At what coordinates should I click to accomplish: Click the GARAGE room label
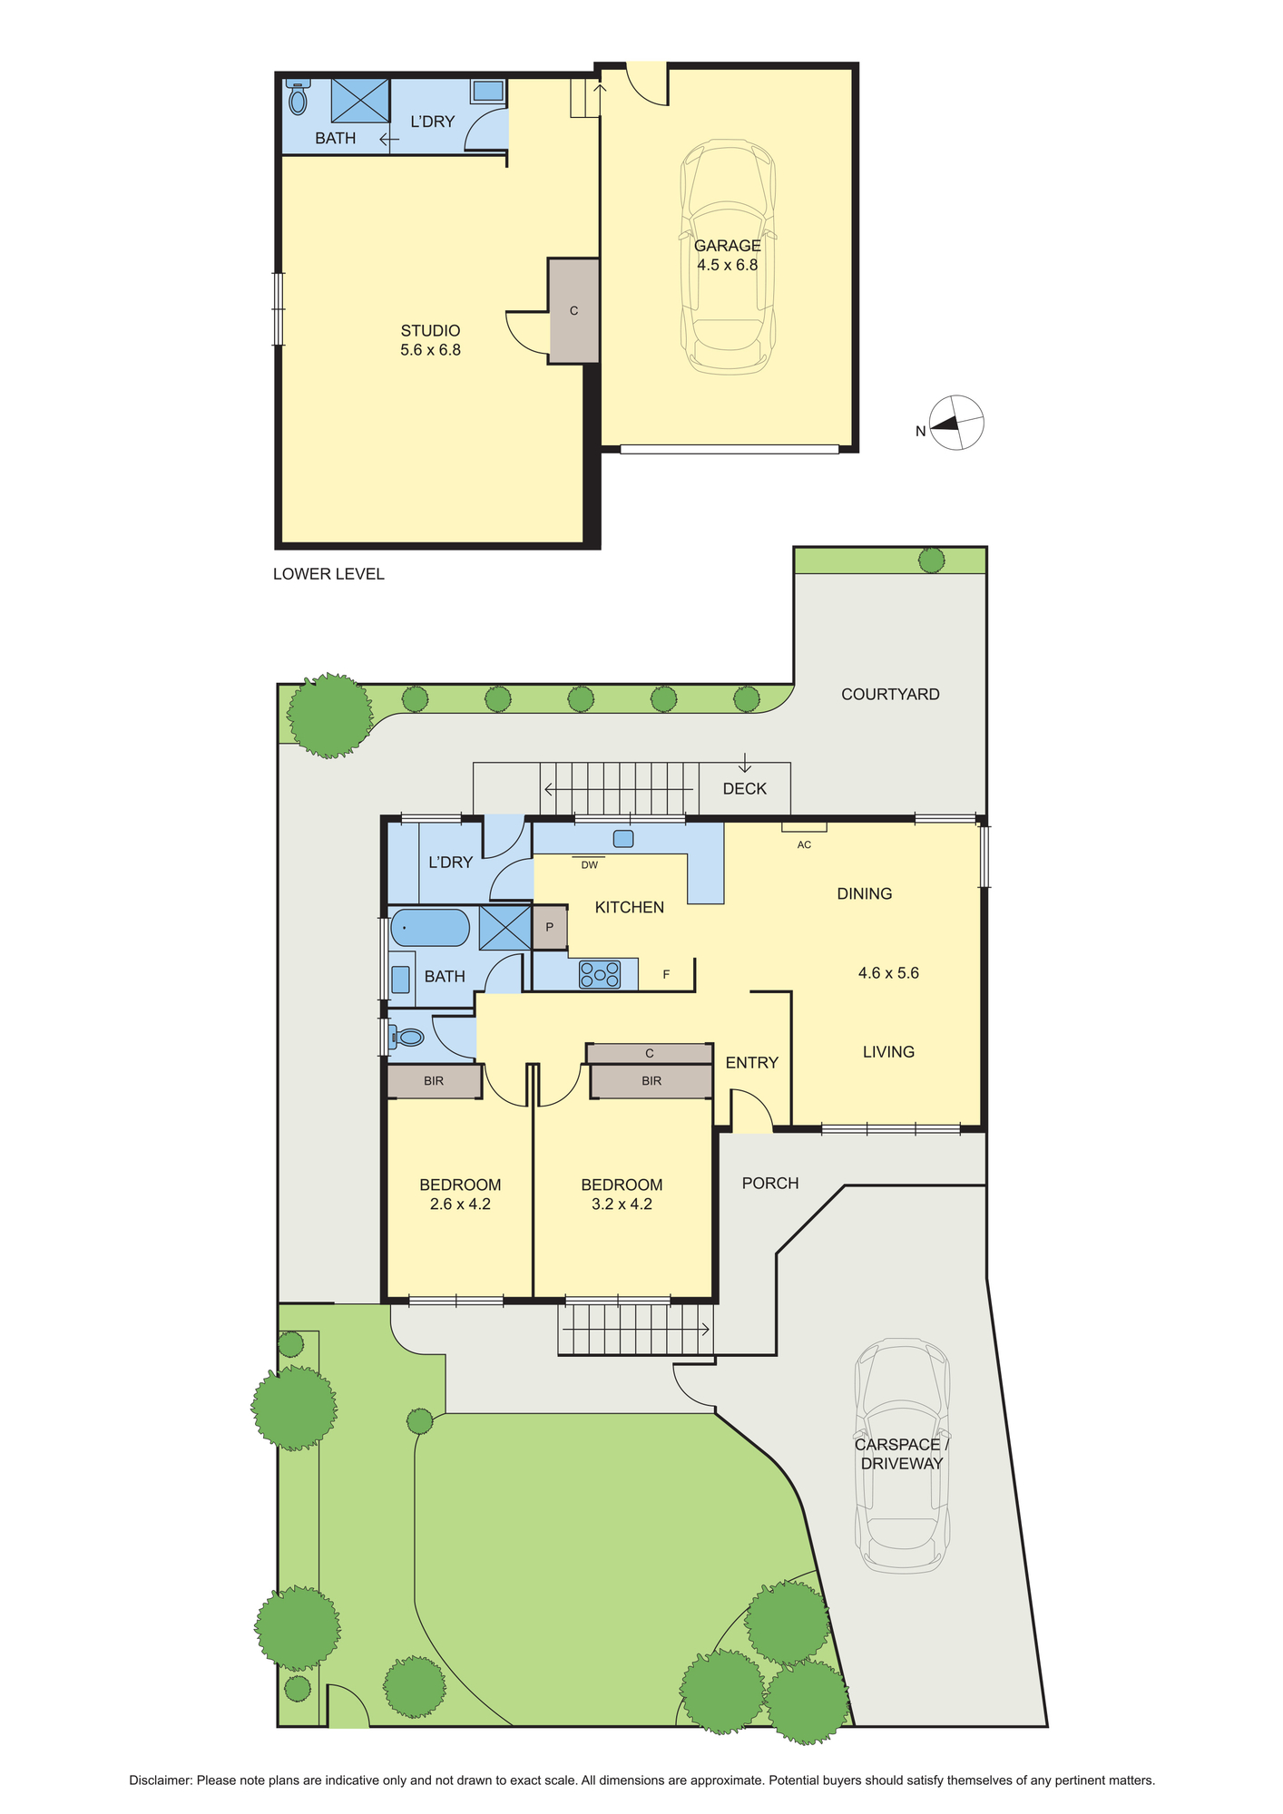click(727, 245)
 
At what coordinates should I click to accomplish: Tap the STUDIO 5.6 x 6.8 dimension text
click(430, 350)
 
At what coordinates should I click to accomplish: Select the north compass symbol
click(956, 423)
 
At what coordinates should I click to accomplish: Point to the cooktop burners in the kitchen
click(600, 974)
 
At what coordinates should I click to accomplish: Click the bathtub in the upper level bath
click(429, 929)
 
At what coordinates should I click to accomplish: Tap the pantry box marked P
click(549, 928)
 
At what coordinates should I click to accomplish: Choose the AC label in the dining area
click(804, 844)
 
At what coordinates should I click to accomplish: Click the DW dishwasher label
click(590, 865)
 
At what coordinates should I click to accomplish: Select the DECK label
click(745, 789)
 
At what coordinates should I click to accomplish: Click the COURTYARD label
click(890, 695)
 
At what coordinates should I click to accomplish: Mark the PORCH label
click(770, 1184)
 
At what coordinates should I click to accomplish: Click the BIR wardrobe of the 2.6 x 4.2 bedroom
click(434, 1081)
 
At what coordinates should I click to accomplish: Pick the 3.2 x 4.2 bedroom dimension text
click(622, 1204)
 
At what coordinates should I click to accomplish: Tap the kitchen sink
click(622, 838)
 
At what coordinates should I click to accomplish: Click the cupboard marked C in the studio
click(573, 310)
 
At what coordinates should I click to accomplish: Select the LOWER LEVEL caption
click(328, 574)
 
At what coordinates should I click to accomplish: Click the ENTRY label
click(752, 1063)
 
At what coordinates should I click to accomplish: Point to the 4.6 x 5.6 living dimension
click(888, 973)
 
